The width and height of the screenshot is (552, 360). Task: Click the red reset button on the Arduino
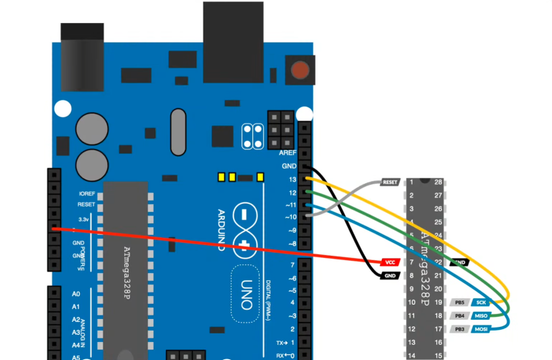click(x=300, y=71)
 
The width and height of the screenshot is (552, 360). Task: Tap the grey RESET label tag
click(x=390, y=183)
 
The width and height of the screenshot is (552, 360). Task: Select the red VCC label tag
click(x=390, y=262)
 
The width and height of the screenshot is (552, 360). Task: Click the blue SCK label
click(x=480, y=303)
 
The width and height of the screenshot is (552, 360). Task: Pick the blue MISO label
click(x=480, y=315)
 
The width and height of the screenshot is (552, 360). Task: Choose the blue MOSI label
click(x=480, y=329)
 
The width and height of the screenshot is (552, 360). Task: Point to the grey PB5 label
click(x=459, y=303)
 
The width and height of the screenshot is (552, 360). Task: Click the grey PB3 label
click(x=459, y=329)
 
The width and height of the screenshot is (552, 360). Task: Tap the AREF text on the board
click(x=287, y=153)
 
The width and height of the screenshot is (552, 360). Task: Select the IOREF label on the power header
click(x=86, y=194)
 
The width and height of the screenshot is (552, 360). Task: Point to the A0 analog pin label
click(x=75, y=294)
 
